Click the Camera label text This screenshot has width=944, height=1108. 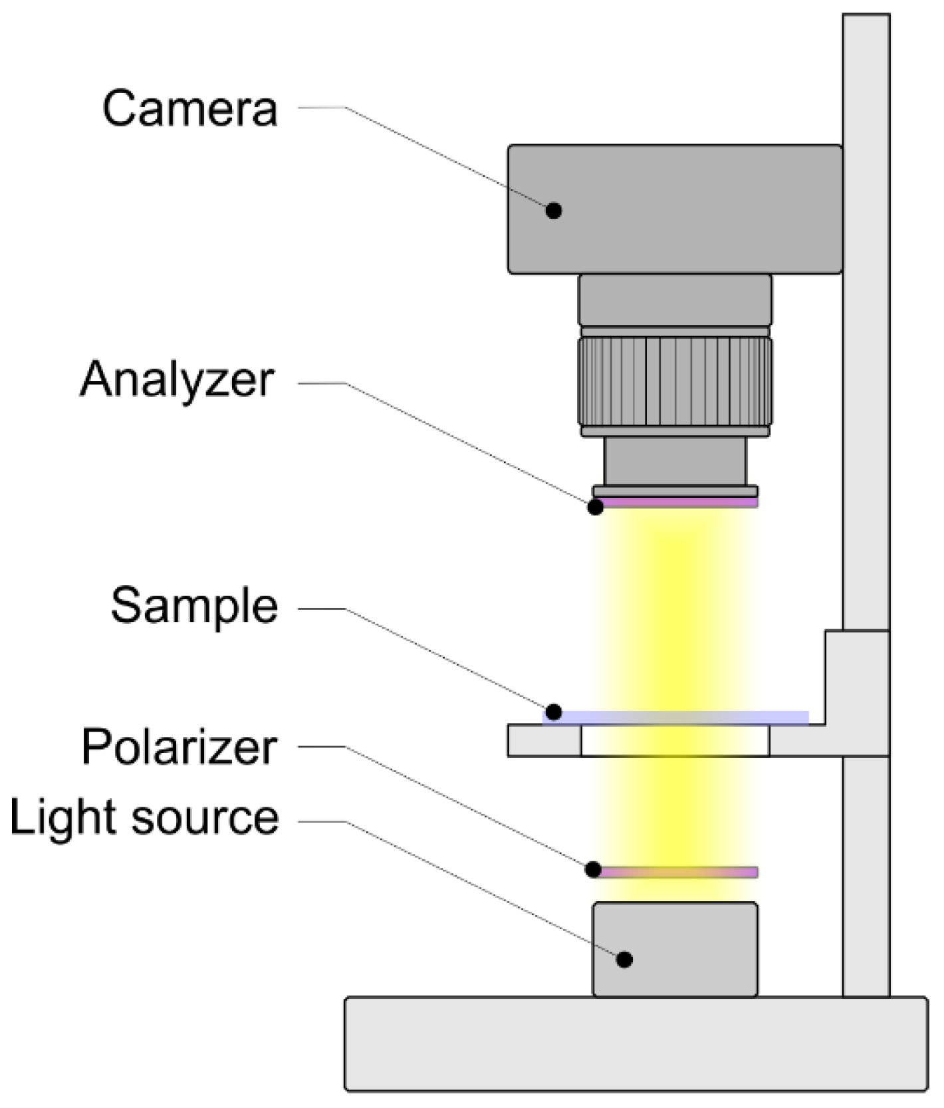189,110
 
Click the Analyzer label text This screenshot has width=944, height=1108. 177,380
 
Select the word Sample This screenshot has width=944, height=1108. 194,606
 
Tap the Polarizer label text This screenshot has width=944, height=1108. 179,748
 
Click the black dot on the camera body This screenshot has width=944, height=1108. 553,210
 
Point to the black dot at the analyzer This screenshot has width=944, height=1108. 596,507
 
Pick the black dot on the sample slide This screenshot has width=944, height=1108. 553,712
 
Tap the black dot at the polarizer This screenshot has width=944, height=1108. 594,869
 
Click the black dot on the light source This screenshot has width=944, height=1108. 624,959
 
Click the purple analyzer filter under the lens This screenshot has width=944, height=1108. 678,503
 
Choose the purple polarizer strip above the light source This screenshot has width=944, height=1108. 678,872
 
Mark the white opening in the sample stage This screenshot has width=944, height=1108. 675,741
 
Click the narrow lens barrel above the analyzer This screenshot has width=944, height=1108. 675,462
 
